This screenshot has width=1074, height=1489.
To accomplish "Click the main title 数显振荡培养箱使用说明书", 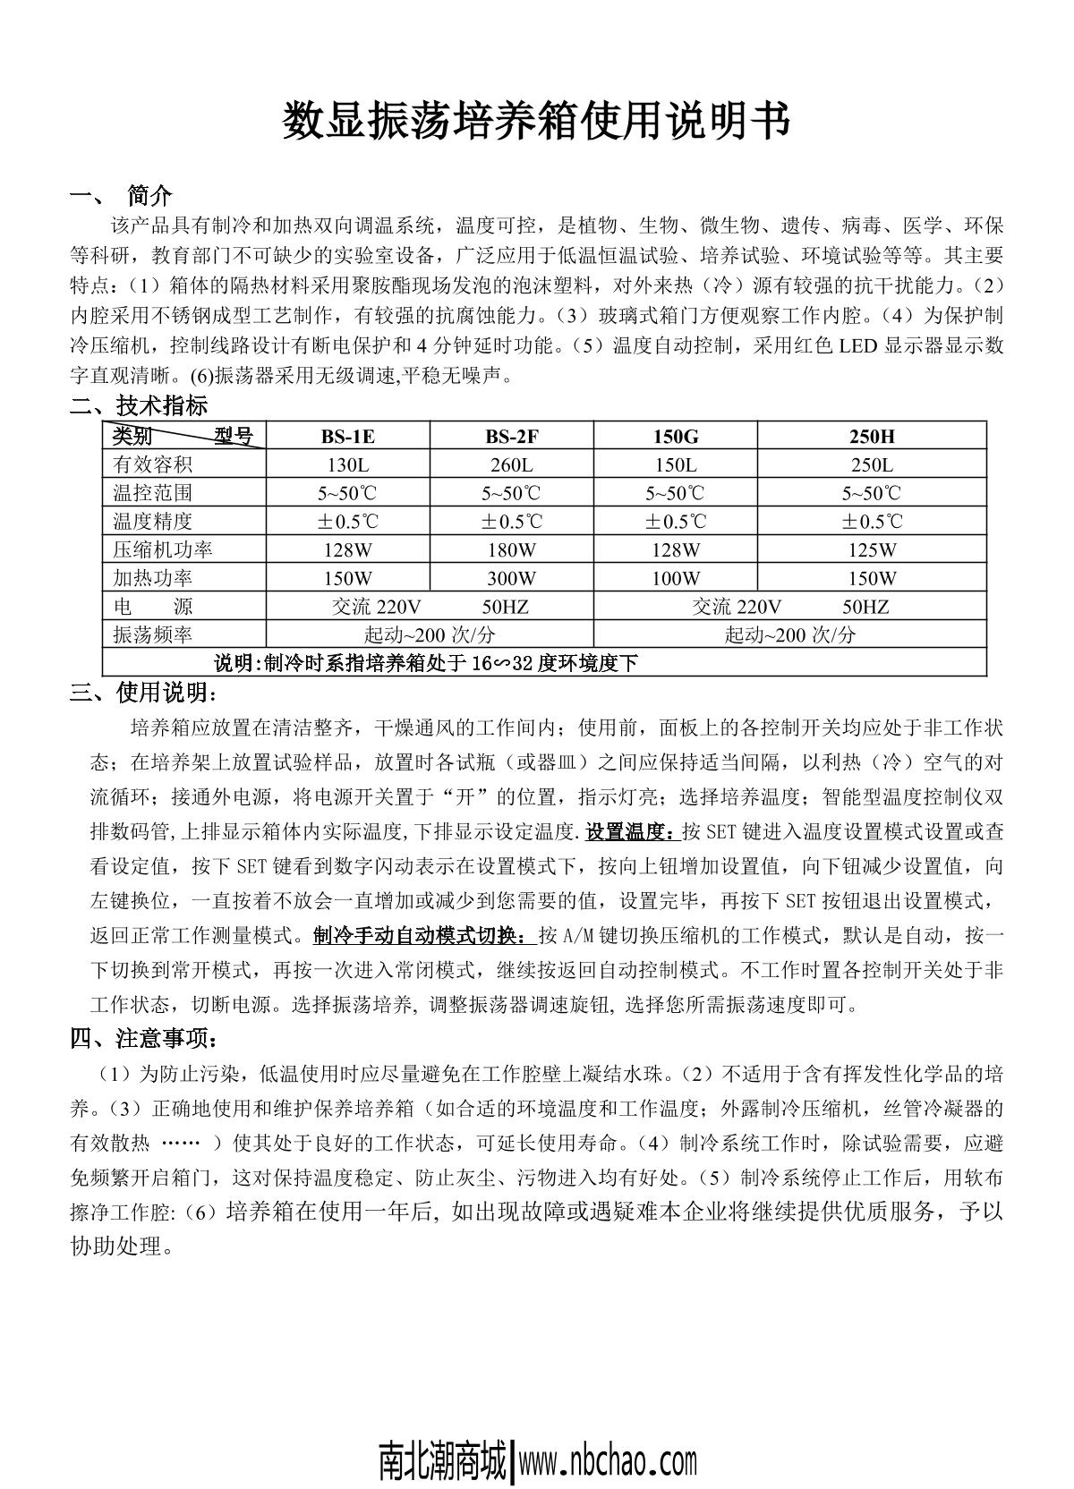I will coord(536,122).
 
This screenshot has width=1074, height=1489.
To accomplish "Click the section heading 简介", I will coord(149,194).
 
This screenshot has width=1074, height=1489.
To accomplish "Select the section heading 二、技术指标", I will coord(139,405).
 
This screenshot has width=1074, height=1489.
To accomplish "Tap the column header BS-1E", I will coord(348,437).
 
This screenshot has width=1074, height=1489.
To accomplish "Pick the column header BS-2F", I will coord(512,437).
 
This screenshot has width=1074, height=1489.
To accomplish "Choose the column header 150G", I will coord(676,437).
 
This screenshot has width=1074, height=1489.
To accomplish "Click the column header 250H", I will coord(872,437).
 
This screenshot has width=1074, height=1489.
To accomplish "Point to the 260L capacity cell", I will coord(512,465).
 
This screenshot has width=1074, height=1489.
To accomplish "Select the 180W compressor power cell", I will coord(512,549).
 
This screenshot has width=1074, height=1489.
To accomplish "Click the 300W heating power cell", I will coord(512,578).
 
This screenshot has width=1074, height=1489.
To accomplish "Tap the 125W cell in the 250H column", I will coord(872,549).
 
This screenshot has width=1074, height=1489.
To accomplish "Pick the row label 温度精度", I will coord(152,521).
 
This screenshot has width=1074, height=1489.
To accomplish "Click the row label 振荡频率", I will coord(152,634).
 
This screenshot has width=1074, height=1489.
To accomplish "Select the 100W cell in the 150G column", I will coord(676,578).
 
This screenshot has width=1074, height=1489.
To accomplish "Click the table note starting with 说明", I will coord(426,663).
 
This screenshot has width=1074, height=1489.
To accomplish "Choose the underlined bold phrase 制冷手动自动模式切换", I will coord(423,936).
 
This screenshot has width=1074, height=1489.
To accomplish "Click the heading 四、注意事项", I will coord(143,1038).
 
